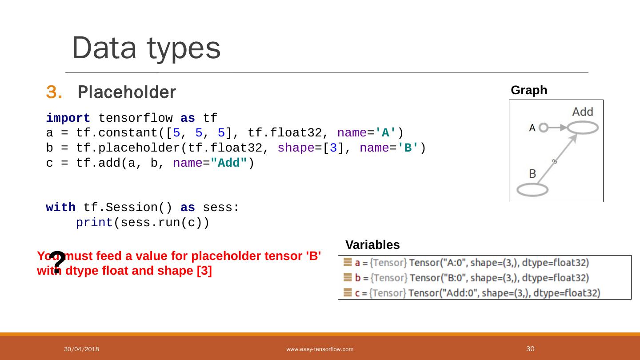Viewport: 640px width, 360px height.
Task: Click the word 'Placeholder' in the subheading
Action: point(127,92)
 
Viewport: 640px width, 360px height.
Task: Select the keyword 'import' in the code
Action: point(68,119)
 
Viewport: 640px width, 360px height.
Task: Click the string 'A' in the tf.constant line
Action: point(386,133)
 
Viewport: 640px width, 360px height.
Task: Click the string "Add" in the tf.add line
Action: point(229,164)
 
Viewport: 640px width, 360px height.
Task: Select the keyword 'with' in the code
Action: point(60,208)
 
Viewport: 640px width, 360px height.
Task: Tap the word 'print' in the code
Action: point(94,223)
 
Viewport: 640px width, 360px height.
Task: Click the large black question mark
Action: point(57,262)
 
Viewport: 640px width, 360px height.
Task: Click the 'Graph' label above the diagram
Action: point(529,90)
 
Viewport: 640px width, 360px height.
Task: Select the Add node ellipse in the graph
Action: point(582,128)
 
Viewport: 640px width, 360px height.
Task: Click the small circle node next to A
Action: point(543,128)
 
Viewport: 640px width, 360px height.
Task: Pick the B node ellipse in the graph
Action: point(532,190)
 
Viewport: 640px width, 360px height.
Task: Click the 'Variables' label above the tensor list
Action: point(372,245)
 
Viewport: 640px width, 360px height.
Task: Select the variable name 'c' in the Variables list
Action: point(358,293)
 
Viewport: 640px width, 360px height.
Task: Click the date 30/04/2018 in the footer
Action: point(81,349)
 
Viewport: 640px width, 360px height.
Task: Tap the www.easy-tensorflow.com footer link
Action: point(320,349)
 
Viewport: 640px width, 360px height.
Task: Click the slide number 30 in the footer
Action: point(530,349)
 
